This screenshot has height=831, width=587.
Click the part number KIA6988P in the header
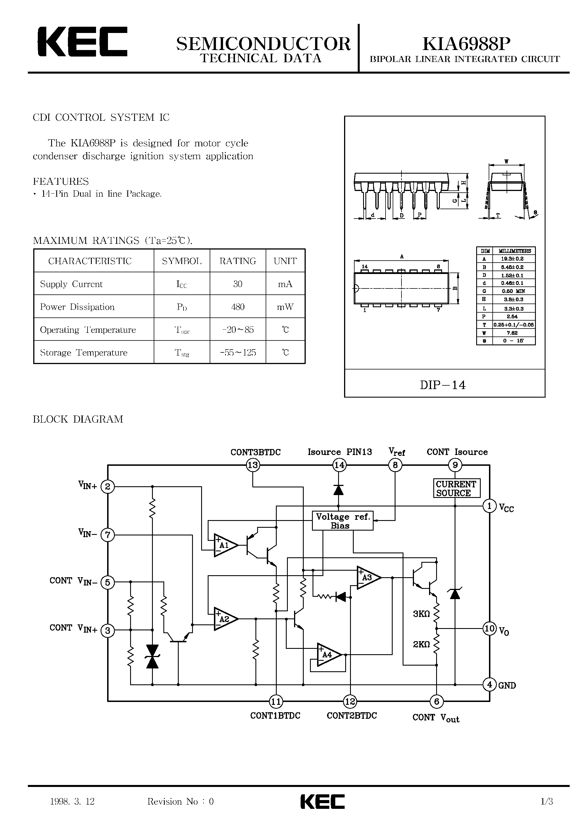click(467, 44)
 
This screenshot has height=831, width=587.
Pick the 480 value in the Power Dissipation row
click(238, 307)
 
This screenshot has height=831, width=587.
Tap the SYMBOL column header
click(182, 261)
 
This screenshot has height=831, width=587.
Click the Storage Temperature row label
click(84, 352)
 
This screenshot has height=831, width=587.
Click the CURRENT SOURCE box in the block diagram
click(456, 489)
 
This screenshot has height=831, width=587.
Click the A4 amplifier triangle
click(328, 655)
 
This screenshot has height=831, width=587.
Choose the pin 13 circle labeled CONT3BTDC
click(253, 465)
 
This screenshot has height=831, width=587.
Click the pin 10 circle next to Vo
click(489, 628)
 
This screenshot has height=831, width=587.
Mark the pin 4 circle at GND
click(489, 684)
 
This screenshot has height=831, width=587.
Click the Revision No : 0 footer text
click(180, 802)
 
